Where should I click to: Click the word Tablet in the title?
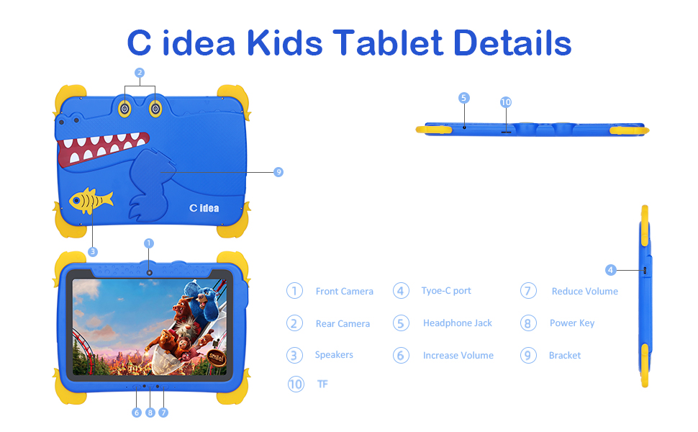pos(388,43)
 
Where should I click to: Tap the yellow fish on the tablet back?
pos(91,200)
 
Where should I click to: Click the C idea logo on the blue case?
pos(204,208)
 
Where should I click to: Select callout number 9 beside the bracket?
pos(278,172)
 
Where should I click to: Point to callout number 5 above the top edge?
pos(464,98)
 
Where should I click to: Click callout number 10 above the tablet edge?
pos(506,102)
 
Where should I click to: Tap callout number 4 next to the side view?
pos(611,270)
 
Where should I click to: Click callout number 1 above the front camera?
pos(149,243)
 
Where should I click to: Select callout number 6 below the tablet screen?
pos(137,413)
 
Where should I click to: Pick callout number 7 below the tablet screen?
pos(163,413)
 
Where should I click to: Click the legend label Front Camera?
pos(345,292)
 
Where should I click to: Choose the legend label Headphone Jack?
pos(458,323)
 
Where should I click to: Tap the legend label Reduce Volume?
pos(585,292)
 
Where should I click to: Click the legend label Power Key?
pos(572,323)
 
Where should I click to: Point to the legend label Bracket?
pos(565,356)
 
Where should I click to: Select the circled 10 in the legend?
pos(296,384)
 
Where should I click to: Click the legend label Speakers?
pos(334,355)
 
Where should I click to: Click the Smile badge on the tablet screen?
pos(217,357)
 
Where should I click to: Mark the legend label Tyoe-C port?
pos(446,291)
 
